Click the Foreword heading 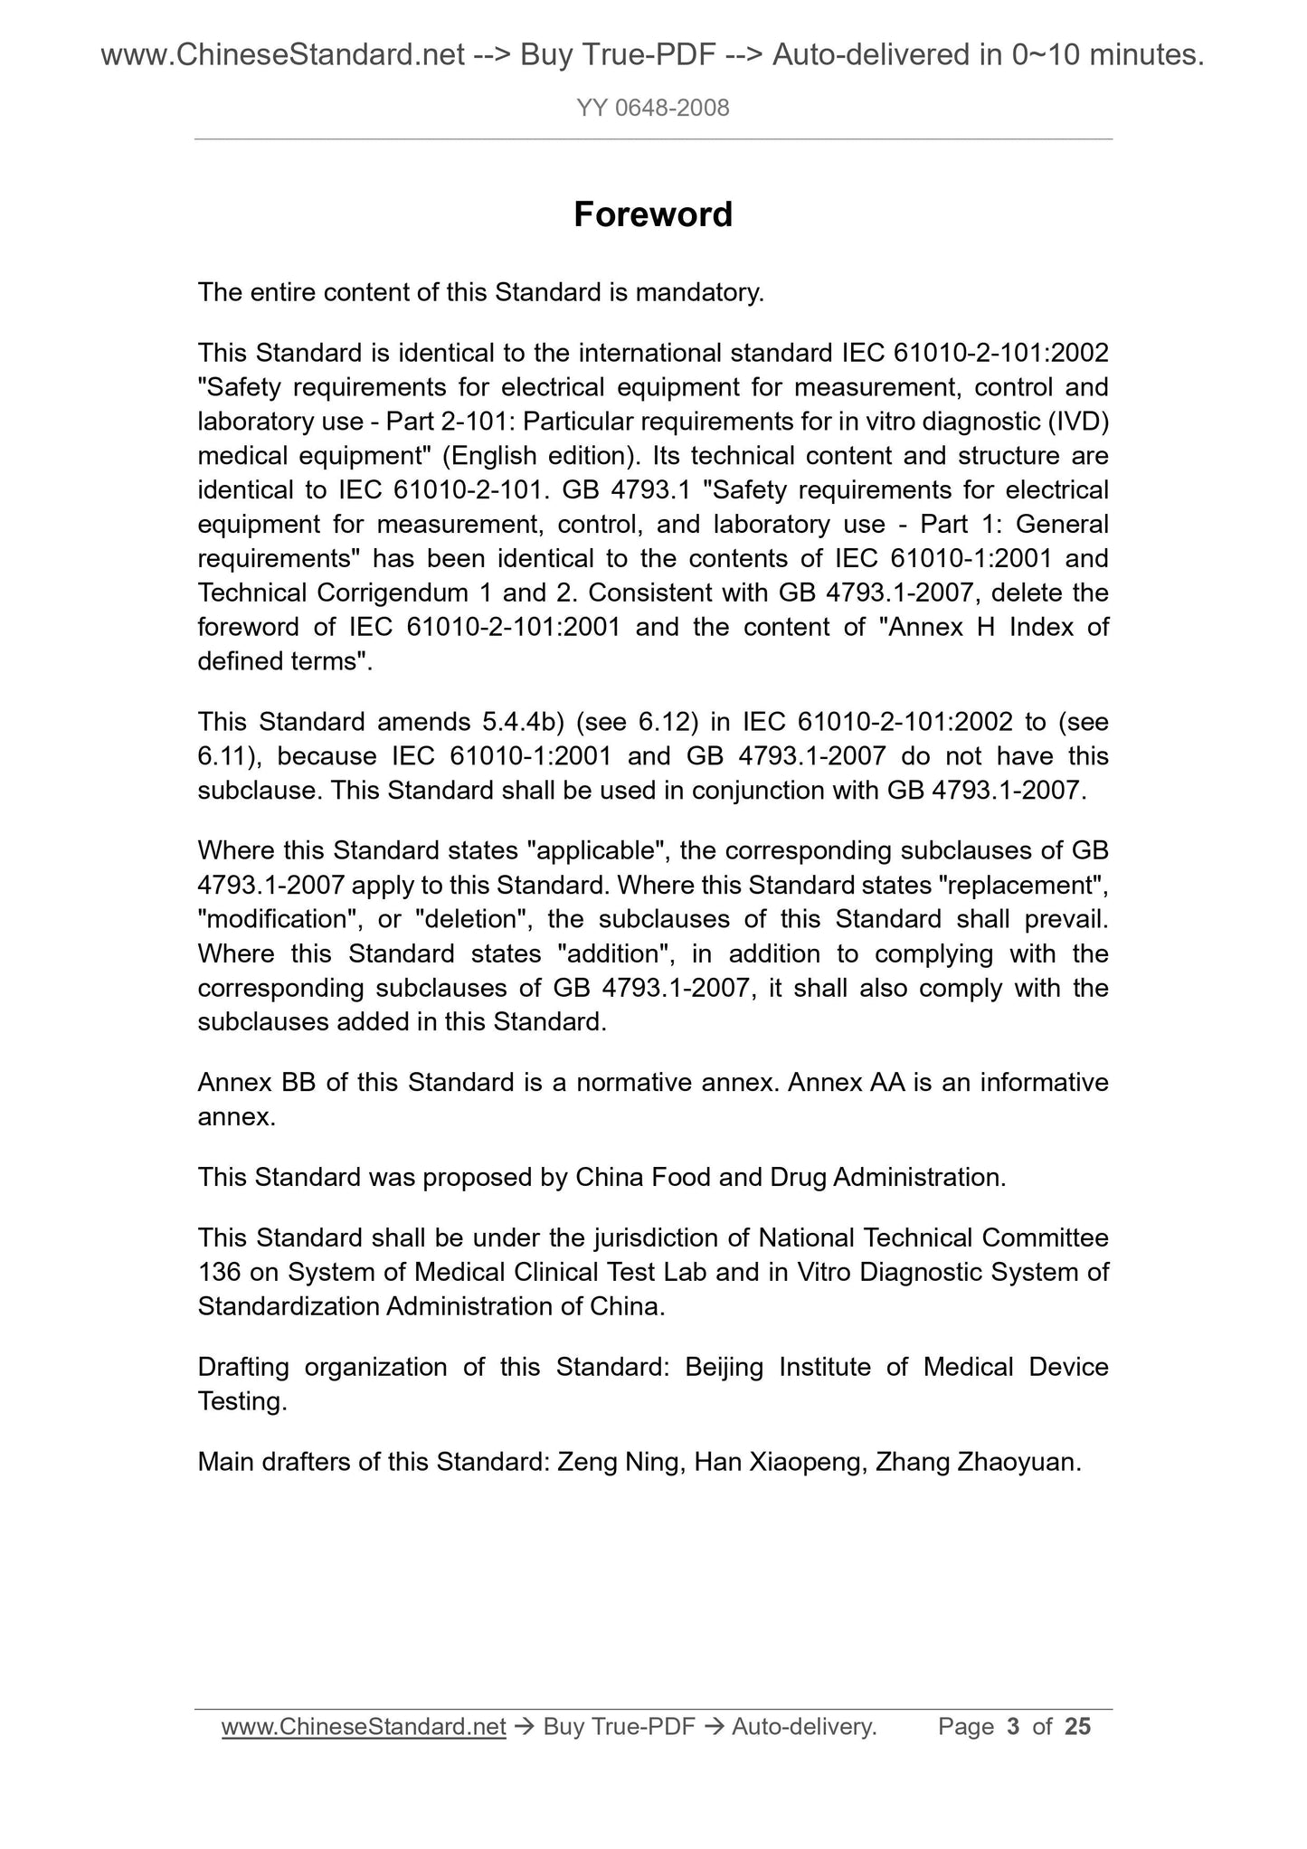(652, 215)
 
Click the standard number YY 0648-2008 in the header (652, 109)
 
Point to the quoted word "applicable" (597, 851)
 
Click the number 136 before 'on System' (220, 1273)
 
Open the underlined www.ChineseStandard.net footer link (364, 1728)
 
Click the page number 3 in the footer (1013, 1728)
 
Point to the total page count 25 (1078, 1728)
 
